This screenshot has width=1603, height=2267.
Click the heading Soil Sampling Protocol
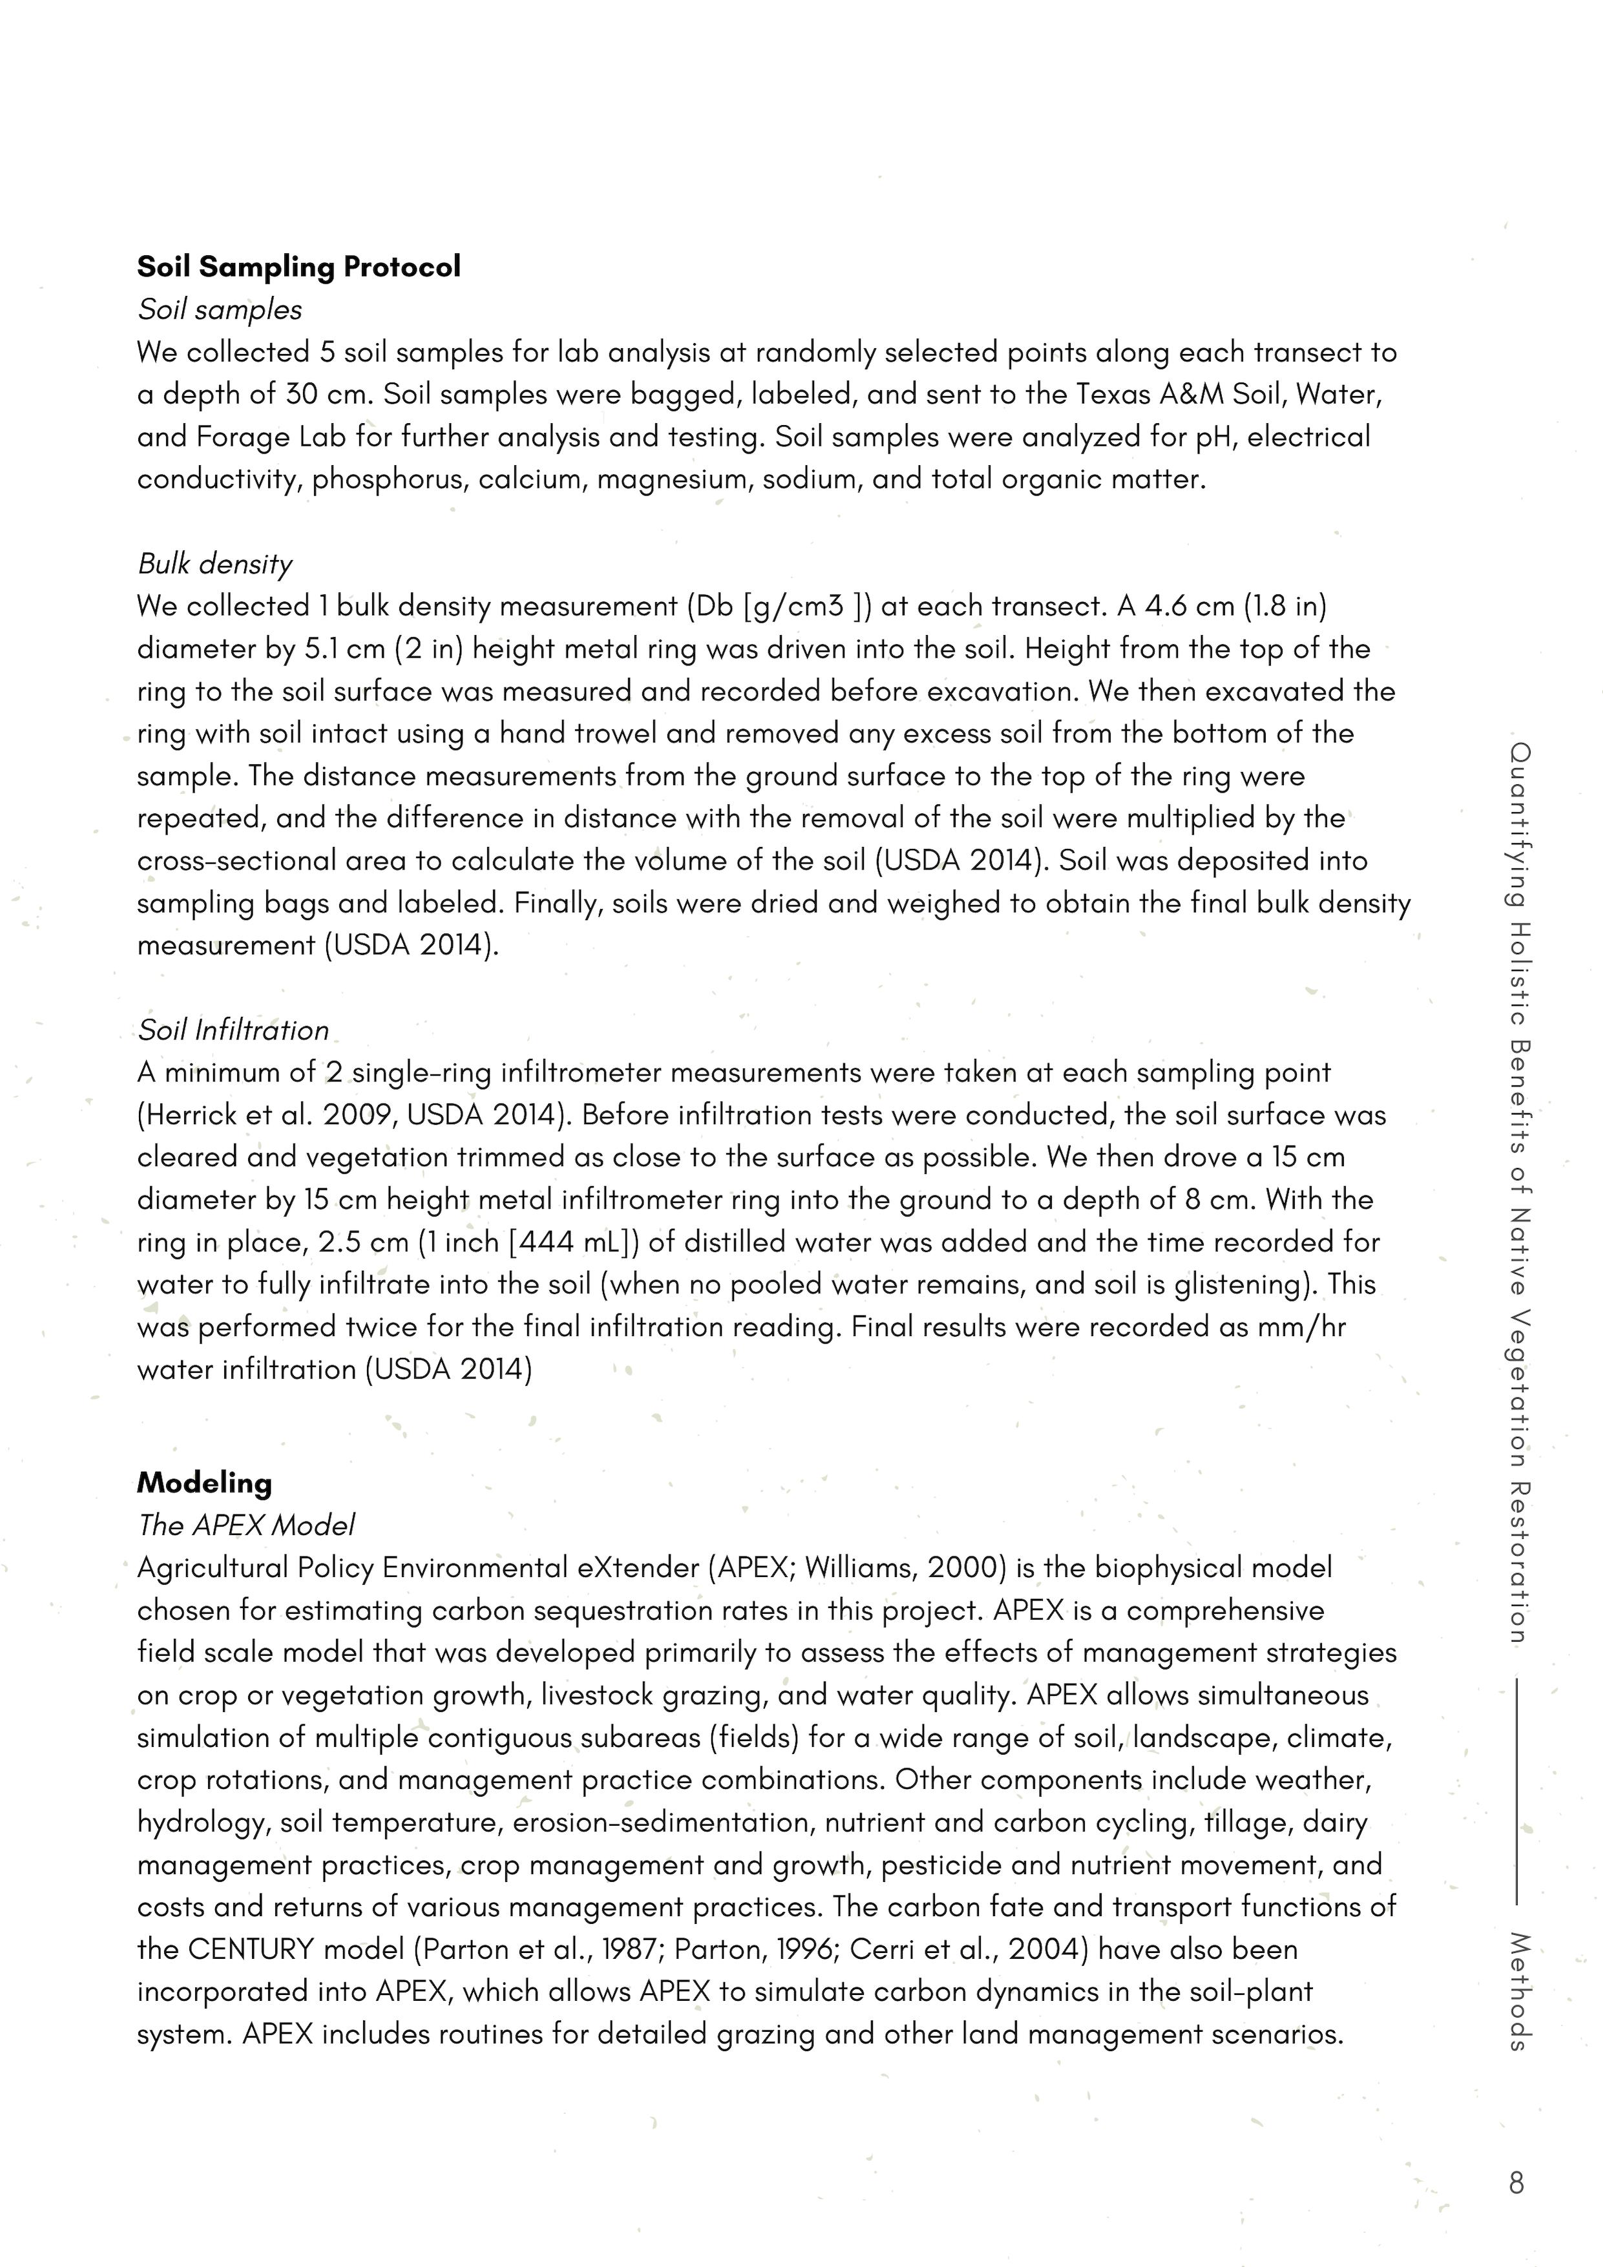pos(299,267)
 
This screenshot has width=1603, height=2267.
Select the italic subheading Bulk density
pos(215,564)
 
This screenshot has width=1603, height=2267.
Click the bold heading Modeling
pos(204,1483)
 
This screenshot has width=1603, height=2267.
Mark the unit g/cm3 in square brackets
pos(801,606)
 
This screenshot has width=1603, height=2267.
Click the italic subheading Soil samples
pos(219,310)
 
